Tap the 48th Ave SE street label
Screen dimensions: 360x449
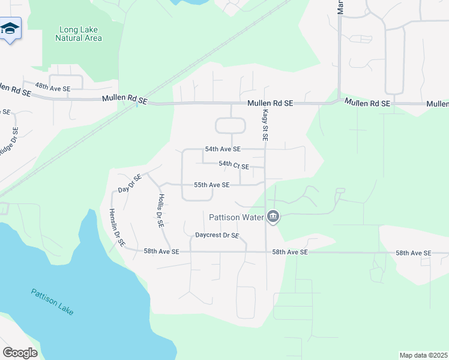pos(53,86)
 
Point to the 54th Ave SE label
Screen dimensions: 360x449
pos(223,149)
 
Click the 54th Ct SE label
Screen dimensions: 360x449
pos(234,164)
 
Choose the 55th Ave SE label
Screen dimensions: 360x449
pos(211,185)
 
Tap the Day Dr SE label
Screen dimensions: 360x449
pos(130,183)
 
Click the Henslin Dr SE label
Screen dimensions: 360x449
pos(117,227)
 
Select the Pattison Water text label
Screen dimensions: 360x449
pos(237,217)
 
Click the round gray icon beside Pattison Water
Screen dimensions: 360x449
pos(273,216)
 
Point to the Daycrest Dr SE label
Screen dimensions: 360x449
pos(217,236)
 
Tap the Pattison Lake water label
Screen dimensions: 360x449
pos(53,302)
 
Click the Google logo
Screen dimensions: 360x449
pos(20,352)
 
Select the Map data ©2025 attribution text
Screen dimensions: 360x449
pos(424,355)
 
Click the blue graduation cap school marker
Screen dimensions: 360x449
pos(10,29)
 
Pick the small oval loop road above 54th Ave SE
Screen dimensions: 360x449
pos(231,125)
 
